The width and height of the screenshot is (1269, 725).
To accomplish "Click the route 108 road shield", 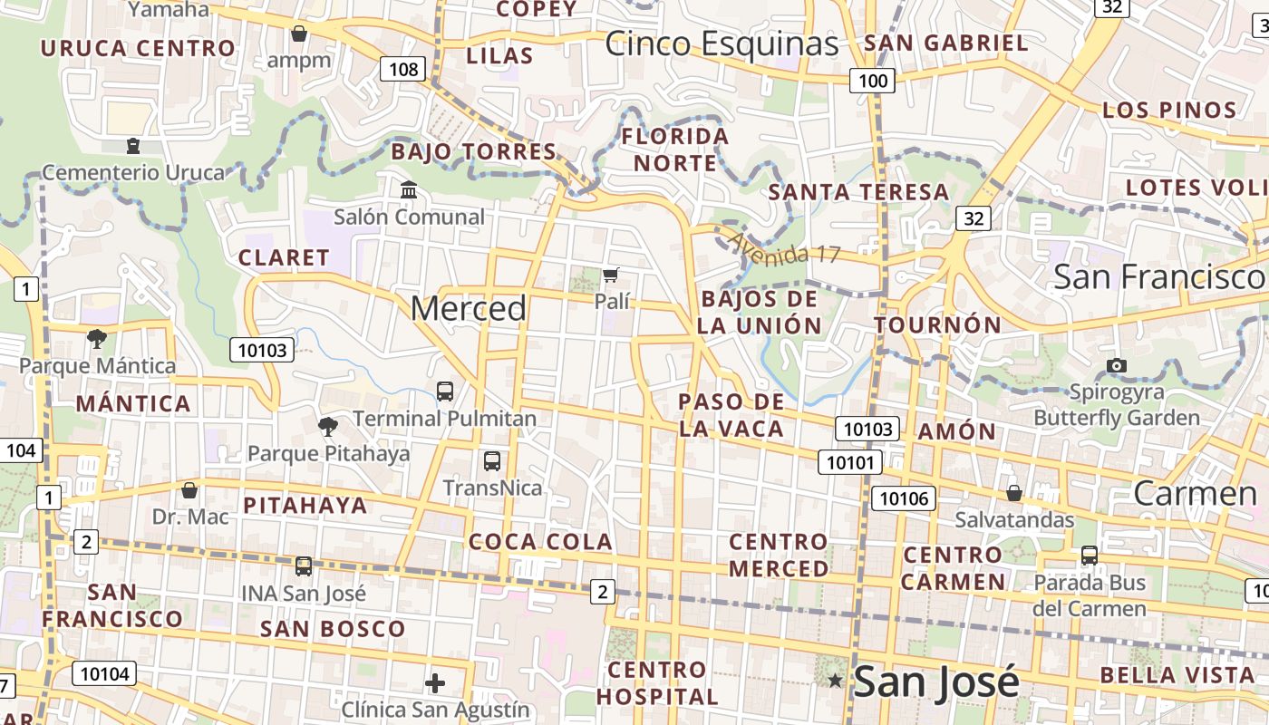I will click(x=402, y=69).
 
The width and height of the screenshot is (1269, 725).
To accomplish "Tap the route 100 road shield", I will click(x=872, y=81).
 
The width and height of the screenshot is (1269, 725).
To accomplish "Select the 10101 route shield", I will click(x=850, y=462).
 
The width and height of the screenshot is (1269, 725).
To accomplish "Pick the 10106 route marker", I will click(x=904, y=498).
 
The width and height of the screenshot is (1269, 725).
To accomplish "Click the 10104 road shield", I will click(x=106, y=673).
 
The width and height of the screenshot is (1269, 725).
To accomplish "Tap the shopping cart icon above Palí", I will click(x=611, y=274).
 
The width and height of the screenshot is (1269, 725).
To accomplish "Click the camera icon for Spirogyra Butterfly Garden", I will click(x=1117, y=365).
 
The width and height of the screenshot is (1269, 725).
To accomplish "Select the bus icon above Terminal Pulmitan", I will click(x=445, y=391).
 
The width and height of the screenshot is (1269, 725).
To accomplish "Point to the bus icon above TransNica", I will click(x=491, y=460).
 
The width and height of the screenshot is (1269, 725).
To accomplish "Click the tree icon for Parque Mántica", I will click(x=97, y=339).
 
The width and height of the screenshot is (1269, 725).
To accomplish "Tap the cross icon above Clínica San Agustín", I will click(x=435, y=681).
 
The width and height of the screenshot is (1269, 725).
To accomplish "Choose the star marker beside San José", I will click(x=835, y=680).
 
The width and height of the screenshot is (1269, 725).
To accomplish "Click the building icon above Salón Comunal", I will click(x=409, y=190).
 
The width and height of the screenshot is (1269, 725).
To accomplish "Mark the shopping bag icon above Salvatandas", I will click(x=1014, y=493).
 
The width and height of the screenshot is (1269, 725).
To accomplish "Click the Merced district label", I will click(x=468, y=309).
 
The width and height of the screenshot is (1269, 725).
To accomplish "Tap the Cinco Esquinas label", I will click(x=722, y=43).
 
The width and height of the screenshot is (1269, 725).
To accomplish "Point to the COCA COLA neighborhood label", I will click(x=540, y=542).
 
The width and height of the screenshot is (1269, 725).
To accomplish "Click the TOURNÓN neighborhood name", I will click(x=937, y=324).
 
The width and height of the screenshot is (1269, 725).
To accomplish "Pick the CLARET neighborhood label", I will click(x=284, y=257).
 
